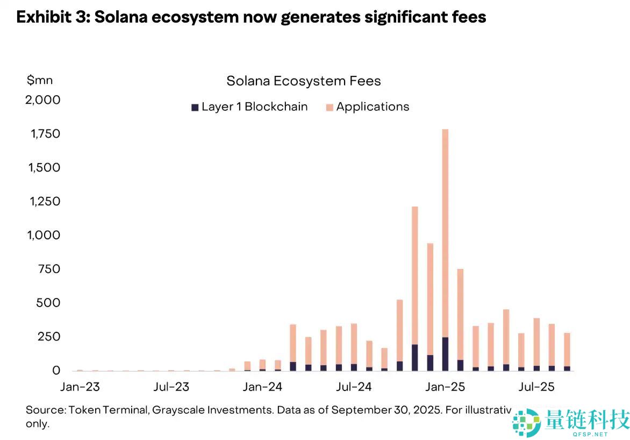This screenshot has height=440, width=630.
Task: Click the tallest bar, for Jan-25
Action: point(445,247)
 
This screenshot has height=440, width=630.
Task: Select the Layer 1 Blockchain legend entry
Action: point(249,107)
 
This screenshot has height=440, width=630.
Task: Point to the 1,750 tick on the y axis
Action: point(41,133)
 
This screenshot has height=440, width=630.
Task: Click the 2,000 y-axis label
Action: point(41,100)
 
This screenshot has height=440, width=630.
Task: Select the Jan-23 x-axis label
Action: point(80,387)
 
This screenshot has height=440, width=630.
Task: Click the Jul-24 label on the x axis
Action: point(354,387)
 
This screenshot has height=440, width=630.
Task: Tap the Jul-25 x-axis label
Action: point(536,387)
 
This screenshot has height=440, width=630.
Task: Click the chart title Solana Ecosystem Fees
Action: point(303,81)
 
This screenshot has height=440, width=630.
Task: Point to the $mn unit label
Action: point(40,81)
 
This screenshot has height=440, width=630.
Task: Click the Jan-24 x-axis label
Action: point(262,387)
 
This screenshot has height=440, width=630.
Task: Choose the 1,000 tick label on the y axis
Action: point(42,235)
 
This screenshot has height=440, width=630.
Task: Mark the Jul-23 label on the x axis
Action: point(171,387)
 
